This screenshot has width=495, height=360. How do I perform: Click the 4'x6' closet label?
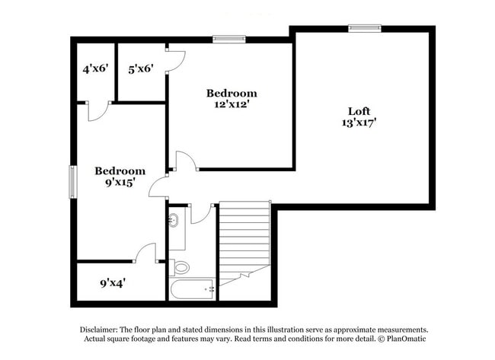pyautogui.click(x=95, y=68)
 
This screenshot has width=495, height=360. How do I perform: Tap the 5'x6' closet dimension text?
pyautogui.click(x=141, y=68)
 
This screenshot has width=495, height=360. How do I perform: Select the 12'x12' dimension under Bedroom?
pyautogui.click(x=232, y=105)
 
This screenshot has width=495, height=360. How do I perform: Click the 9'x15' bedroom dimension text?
pyautogui.click(x=120, y=183)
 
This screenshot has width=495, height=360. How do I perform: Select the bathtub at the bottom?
pyautogui.click(x=190, y=289)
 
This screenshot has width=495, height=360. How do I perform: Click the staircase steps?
pyautogui.click(x=244, y=236)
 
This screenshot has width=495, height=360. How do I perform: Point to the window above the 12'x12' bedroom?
pyautogui.click(x=228, y=38)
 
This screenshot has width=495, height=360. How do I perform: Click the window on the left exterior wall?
pyautogui.click(x=73, y=181)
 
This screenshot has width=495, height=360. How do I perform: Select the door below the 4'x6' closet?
pyautogui.click(x=97, y=111)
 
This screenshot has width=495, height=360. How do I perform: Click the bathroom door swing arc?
pyautogui.click(x=201, y=214)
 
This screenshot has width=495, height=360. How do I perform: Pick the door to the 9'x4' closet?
pyautogui.click(x=145, y=253)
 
